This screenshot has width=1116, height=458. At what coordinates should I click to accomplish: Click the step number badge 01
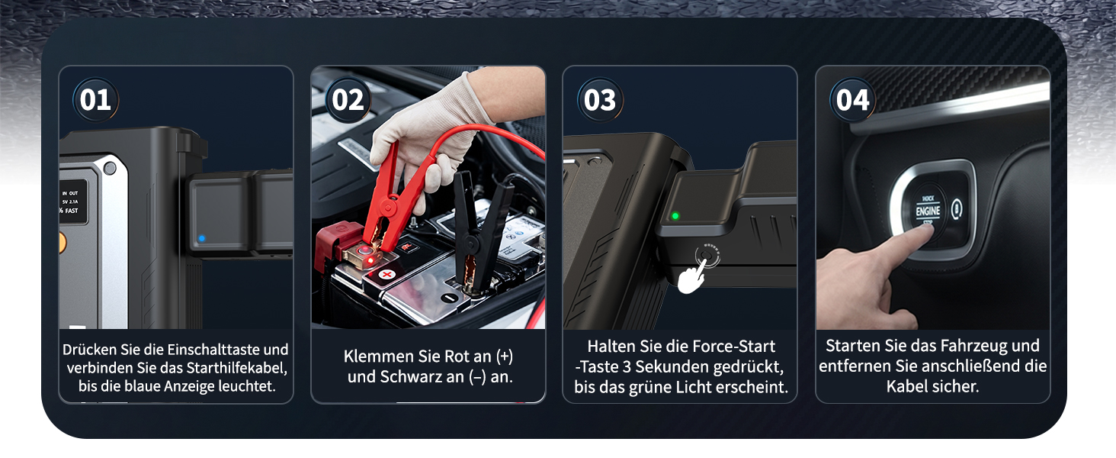[x=95, y=100]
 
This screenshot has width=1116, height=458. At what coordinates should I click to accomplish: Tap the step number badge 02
[x=348, y=100]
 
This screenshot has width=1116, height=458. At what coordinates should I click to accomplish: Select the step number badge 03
[x=600, y=100]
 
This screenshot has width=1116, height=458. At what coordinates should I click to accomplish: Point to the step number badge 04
[x=852, y=100]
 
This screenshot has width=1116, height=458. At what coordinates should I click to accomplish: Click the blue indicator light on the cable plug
[x=202, y=238]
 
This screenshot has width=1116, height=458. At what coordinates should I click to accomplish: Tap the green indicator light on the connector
[x=675, y=216]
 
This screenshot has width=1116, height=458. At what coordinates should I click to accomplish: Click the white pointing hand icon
[x=691, y=277]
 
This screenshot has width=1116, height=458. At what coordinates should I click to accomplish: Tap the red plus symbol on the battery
[x=386, y=274]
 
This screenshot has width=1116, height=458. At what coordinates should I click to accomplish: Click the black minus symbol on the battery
[x=449, y=298]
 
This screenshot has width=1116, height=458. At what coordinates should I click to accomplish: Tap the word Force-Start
[x=733, y=347]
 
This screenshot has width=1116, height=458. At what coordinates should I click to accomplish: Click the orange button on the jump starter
[x=63, y=243]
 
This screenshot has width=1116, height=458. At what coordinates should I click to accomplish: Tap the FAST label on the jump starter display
[x=71, y=211]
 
